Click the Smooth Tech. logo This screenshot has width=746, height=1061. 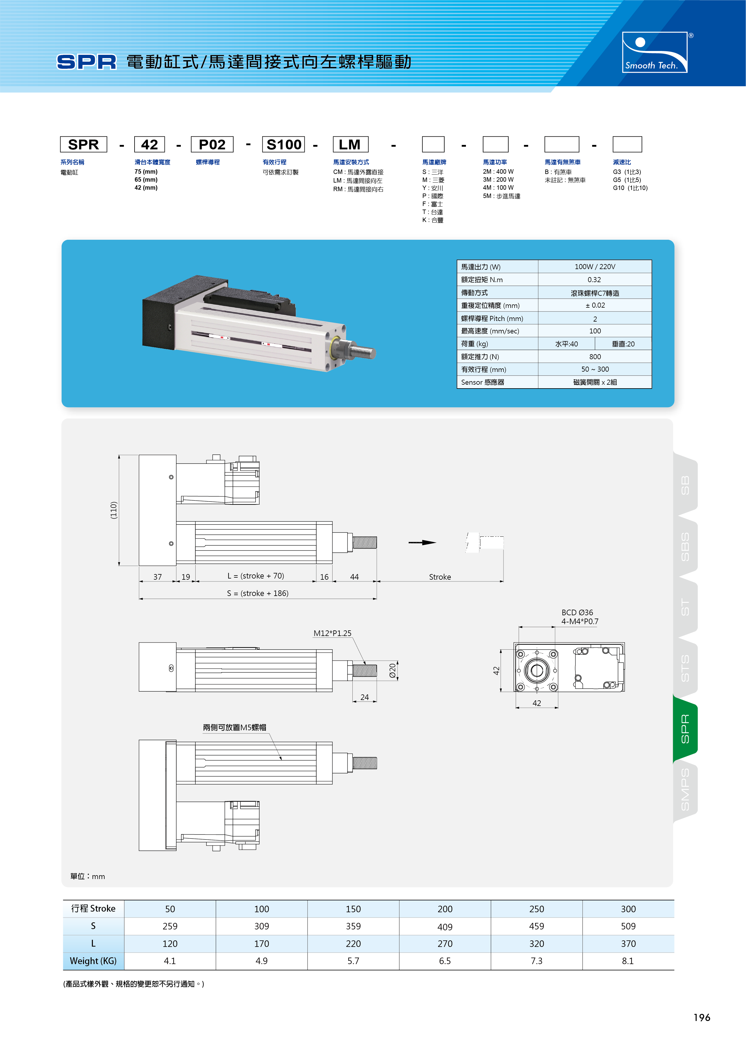[654, 52]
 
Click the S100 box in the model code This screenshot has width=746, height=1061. [283, 144]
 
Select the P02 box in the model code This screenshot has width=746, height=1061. [212, 144]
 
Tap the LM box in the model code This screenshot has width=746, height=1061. [350, 144]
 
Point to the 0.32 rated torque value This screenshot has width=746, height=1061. [594, 279]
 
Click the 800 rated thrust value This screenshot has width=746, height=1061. [595, 357]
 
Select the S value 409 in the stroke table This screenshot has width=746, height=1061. [445, 926]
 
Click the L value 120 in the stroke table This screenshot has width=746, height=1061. [170, 944]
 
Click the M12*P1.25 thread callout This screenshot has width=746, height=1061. [332, 633]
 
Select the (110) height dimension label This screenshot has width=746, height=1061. [114, 510]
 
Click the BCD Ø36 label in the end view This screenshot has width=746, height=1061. [577, 612]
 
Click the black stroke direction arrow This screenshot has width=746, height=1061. [422, 543]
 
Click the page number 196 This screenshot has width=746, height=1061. [702, 1017]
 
